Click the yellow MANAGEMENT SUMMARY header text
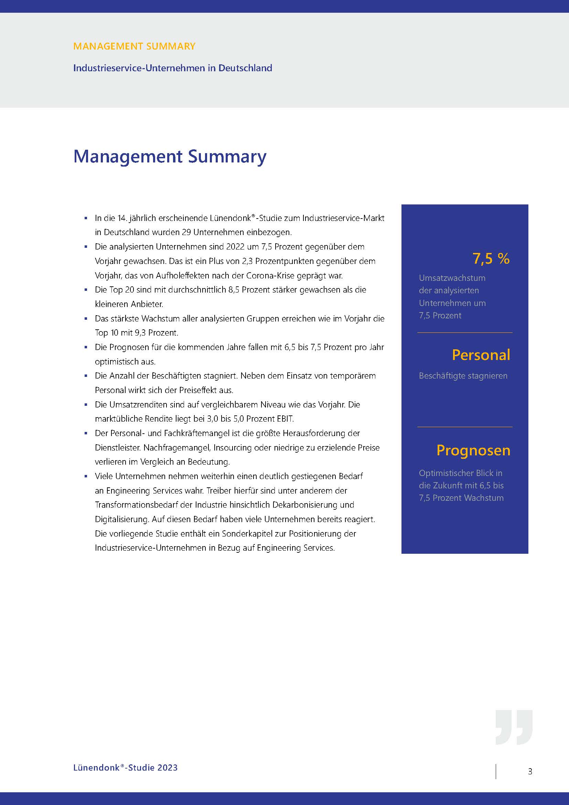pos(134,46)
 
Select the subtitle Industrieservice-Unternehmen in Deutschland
pos(172,68)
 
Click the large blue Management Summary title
pos(170,156)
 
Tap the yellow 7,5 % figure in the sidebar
pos(491,259)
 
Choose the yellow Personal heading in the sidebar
pos(481,355)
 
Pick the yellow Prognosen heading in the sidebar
pos(473,451)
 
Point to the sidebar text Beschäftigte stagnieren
pos(463,376)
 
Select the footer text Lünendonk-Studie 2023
pos(125,767)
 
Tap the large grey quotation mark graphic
pos(514,727)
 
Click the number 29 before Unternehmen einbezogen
pos(186,232)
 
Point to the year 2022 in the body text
pos(235,247)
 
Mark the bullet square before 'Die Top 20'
pos(86,290)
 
